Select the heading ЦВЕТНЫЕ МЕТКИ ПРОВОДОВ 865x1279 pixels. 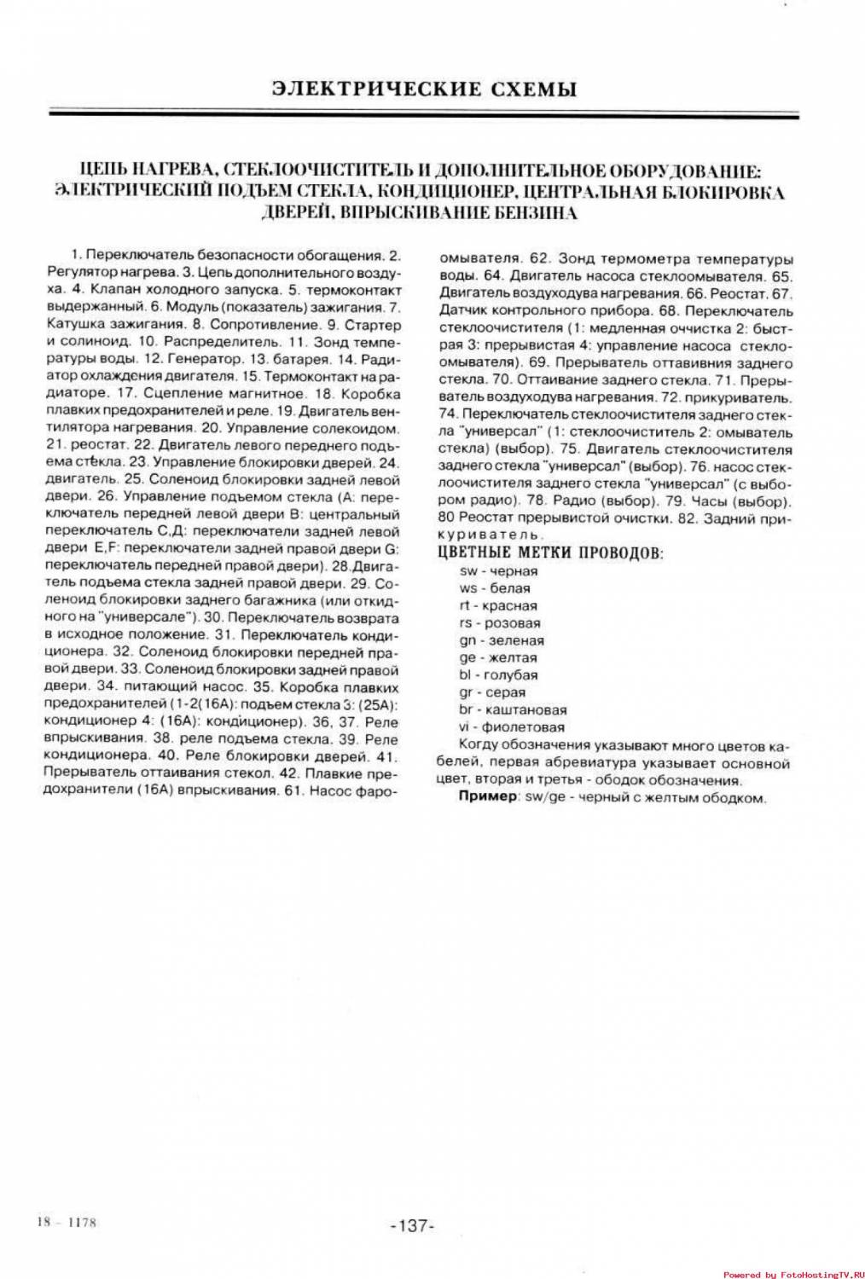coord(550,553)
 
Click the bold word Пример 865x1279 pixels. coord(488,797)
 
